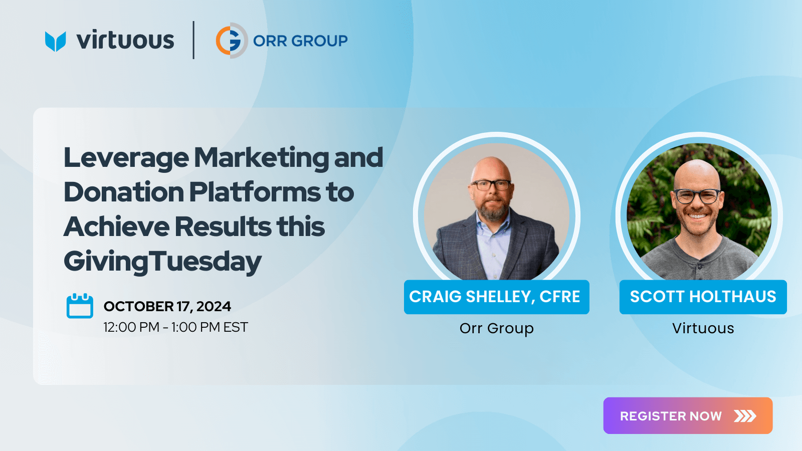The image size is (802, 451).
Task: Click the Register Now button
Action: click(x=688, y=415)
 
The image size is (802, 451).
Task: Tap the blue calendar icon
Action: click(x=80, y=306)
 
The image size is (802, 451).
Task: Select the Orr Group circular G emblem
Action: click(x=231, y=41)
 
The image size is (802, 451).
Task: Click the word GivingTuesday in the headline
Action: click(x=162, y=261)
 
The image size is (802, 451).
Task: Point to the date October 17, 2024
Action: click(x=167, y=306)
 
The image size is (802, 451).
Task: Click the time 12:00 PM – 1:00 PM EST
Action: click(x=175, y=327)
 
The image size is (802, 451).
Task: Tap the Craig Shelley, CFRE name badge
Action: click(x=497, y=297)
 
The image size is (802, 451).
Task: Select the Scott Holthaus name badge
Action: click(x=703, y=297)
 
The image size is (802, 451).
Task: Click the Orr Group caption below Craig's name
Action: click(x=497, y=329)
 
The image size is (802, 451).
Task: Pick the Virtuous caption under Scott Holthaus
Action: click(x=703, y=328)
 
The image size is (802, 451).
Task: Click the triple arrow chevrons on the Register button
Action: click(x=745, y=416)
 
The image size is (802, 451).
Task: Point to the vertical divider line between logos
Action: click(x=193, y=40)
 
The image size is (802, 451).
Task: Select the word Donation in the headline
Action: click(x=124, y=192)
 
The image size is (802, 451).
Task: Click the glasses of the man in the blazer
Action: click(x=491, y=185)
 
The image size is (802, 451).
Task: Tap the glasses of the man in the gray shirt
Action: click(x=697, y=196)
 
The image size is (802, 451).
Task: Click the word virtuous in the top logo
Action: click(x=125, y=40)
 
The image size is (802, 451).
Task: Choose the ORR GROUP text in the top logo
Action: click(x=300, y=41)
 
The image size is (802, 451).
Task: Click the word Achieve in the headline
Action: click(x=116, y=227)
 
